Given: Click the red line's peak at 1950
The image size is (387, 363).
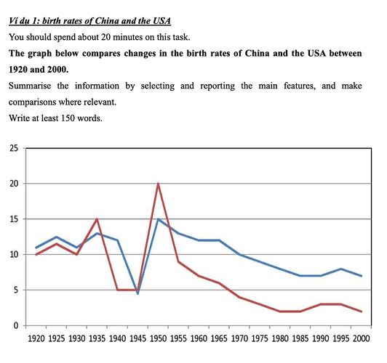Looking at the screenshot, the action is coord(158,184).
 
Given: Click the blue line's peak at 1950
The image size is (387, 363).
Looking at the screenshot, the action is coord(158,219).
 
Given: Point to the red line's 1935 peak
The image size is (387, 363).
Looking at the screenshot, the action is coord(97,219).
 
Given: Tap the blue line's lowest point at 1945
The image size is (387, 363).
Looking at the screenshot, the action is coord(137,293).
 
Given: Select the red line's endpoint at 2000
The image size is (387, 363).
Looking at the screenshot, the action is coord(362,311).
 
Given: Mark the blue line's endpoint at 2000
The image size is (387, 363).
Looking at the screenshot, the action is coord(362,276).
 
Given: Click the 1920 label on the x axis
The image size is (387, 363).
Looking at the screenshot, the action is coord(36,339).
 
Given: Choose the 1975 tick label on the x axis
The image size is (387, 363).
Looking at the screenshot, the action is coord(260,339).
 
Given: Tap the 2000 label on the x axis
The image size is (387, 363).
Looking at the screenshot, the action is coord(362,339).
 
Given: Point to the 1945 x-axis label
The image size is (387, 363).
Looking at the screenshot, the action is coord(137,339).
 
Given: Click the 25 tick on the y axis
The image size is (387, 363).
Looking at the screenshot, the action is coord(14,148).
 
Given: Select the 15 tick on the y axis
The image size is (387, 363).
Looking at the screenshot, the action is coord(14,219).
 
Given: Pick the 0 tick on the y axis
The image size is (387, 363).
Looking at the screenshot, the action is coord(16,325).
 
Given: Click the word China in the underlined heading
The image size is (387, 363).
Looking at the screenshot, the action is coord(107,20).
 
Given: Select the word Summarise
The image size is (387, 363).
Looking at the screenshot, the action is coord(30,86).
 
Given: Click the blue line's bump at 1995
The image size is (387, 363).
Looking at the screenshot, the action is coord(341,269).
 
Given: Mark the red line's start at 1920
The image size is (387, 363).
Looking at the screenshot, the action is coord(36,255).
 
